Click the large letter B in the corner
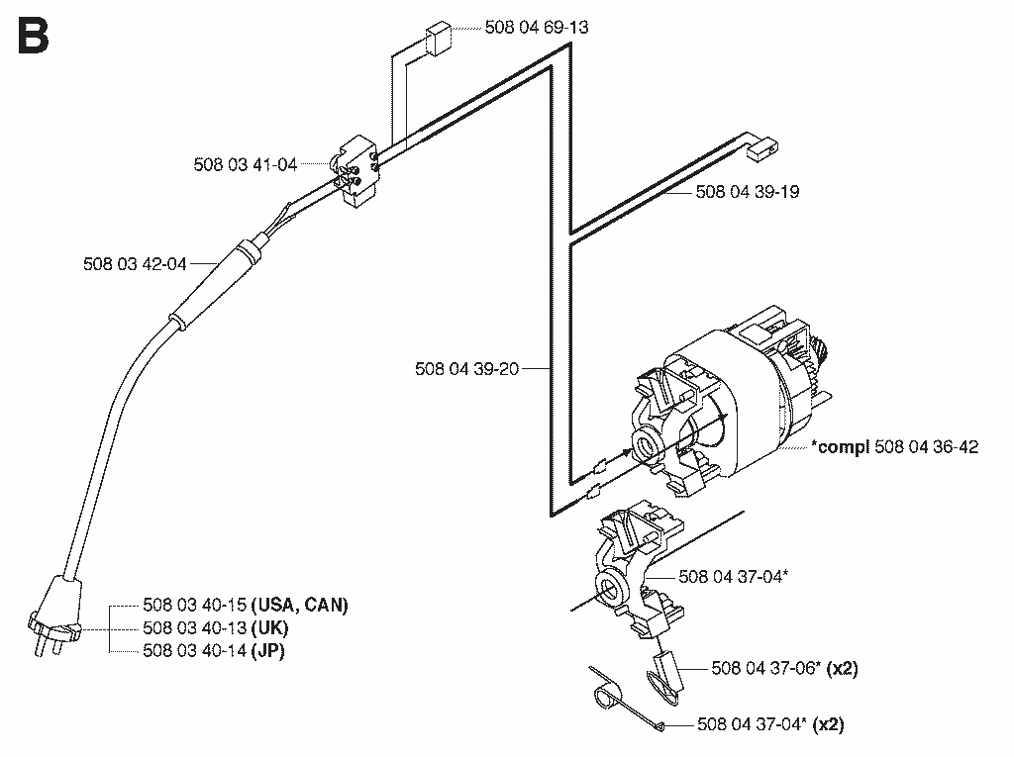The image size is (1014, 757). (x=34, y=36)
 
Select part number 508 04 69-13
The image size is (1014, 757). (x=537, y=27)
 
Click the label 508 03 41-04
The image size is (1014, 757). (x=246, y=164)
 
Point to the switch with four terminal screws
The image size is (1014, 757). (x=355, y=171)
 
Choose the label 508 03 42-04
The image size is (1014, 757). (x=135, y=264)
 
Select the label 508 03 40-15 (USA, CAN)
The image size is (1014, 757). (x=246, y=605)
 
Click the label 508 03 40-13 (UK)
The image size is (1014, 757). (x=216, y=627)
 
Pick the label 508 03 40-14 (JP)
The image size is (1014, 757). (x=214, y=650)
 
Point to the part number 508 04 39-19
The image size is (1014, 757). (x=748, y=192)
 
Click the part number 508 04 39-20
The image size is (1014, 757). (x=467, y=369)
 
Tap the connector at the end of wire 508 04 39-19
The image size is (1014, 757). (x=762, y=150)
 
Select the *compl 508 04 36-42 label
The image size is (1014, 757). (x=895, y=446)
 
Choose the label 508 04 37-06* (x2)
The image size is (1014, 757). (x=785, y=668)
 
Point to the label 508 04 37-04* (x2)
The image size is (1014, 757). (x=770, y=724)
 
